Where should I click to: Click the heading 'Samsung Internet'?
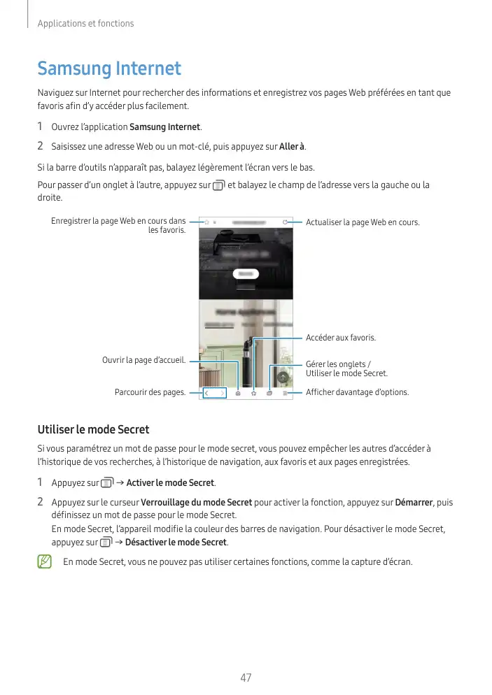109,69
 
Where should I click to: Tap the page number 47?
246,678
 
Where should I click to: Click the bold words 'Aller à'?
292,146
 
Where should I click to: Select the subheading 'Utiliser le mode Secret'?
93,429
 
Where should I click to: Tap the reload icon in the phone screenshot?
285,222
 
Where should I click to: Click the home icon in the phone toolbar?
238,394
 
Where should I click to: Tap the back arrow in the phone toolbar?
207,394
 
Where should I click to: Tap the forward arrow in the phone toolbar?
223,394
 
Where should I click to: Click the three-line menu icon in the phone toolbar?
286,394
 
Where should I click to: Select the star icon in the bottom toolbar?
253,394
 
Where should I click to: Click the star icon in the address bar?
206,222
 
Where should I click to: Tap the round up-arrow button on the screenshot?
283,377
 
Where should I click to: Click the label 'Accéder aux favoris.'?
341,338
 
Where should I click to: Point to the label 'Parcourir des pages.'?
150,392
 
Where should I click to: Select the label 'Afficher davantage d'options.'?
357,392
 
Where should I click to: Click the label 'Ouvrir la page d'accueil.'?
144,360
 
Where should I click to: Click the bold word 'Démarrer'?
414,502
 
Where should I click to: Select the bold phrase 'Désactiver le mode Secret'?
176,542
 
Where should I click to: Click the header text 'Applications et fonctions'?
85,24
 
